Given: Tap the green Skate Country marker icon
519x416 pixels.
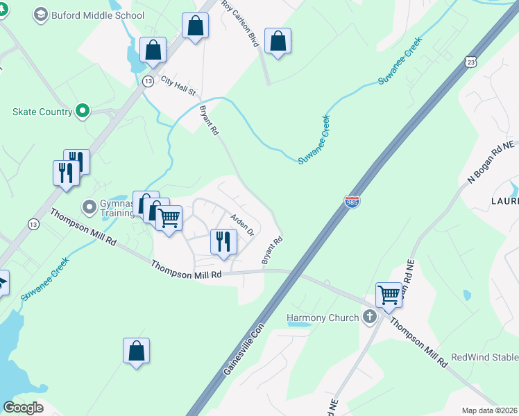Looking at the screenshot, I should tap(83, 111).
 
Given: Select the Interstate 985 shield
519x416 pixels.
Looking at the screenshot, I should tap(352, 202).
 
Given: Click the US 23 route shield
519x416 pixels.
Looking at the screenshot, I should tap(471, 62).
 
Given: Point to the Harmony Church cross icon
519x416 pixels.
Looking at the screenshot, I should tap(369, 318).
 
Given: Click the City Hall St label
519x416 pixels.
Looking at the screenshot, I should tap(179, 86).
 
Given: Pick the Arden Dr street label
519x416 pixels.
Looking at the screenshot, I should tap(243, 223).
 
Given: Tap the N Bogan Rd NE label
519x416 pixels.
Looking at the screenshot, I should tap(491, 162).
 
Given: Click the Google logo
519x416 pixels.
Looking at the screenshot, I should tap(23, 408).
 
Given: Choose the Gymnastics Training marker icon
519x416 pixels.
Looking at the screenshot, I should tap(89, 206).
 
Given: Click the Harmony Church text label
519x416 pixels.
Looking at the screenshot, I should tap(323, 318).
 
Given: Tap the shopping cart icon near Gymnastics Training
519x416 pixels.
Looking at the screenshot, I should tap(169, 217).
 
